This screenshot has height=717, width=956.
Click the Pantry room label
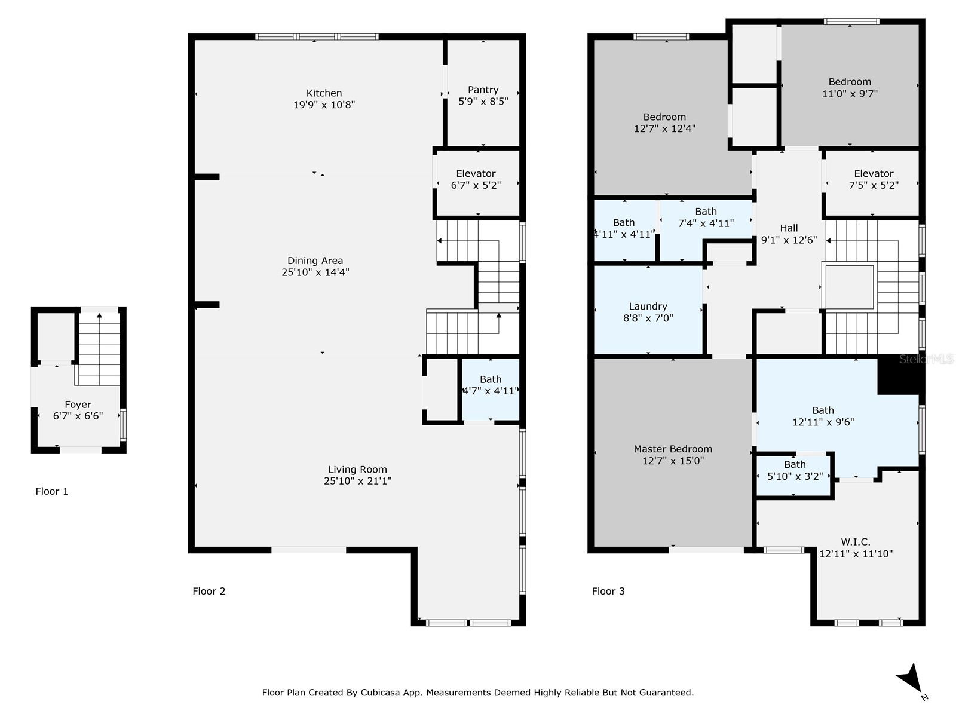coord(483,90)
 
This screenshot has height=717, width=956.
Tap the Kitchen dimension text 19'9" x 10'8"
coord(324,105)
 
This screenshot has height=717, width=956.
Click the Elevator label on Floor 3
coord(874,174)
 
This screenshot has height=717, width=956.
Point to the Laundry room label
coord(648,307)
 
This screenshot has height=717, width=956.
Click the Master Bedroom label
coord(673,449)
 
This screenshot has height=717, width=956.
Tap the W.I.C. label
coord(856,542)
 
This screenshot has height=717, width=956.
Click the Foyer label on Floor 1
coord(78,405)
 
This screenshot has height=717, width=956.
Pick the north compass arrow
coord(910,680)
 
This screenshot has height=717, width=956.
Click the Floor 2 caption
coord(209,591)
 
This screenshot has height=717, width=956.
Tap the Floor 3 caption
coord(608,591)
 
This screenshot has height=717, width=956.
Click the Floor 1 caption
coord(52,491)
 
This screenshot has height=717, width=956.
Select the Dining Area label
coord(315,261)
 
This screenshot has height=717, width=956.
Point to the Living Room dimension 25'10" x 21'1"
coord(357,481)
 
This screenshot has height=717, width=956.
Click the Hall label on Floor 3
coord(789,228)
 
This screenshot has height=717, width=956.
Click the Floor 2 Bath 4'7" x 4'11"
coord(490,385)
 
